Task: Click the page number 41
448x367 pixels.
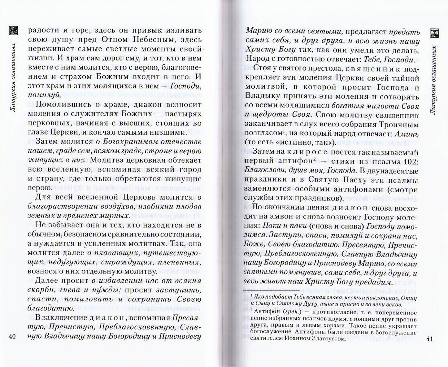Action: pyautogui.click(x=429, y=339)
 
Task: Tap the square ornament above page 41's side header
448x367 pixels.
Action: pyautogui.click(x=435, y=33)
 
